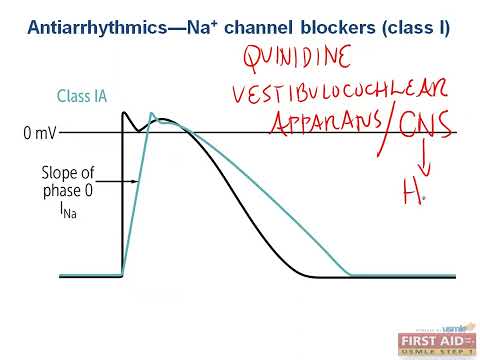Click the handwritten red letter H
(x=411, y=197)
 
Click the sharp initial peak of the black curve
(x=125, y=113)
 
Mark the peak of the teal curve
(x=155, y=117)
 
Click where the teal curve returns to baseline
(x=349, y=275)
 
